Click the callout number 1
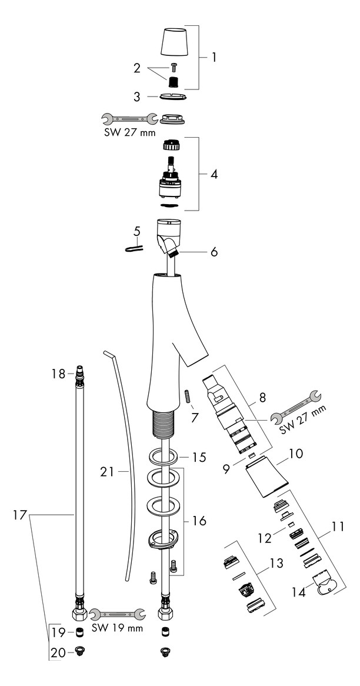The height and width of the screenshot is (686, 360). pos(214,58)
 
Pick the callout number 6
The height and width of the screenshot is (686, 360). pos(214,252)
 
